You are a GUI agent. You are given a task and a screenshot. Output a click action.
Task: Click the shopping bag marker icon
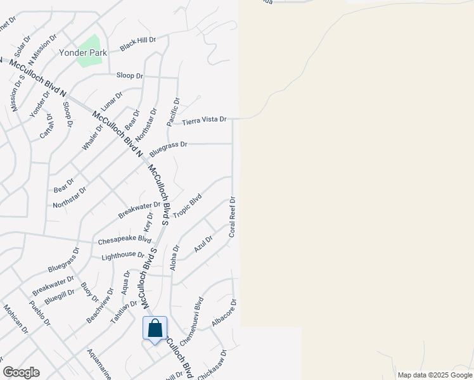coord(155,329)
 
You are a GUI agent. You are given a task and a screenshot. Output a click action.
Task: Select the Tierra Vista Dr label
coord(204,120)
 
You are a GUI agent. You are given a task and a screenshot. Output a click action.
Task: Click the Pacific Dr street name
coord(172,111)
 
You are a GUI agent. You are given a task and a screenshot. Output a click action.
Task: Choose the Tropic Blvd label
coord(187,206)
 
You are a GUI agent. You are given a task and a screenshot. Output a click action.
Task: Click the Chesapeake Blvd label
coord(124,241)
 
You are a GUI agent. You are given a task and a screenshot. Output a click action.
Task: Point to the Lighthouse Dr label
coord(123,255)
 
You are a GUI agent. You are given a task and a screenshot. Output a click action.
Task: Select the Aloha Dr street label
coord(176,258)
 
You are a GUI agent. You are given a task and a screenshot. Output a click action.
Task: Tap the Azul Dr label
coord(203,243)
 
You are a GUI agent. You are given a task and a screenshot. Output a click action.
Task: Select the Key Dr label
coord(150,221)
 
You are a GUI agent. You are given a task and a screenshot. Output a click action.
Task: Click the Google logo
coord(21,372)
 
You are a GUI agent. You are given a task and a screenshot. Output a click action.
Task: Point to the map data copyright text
coord(434,375)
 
